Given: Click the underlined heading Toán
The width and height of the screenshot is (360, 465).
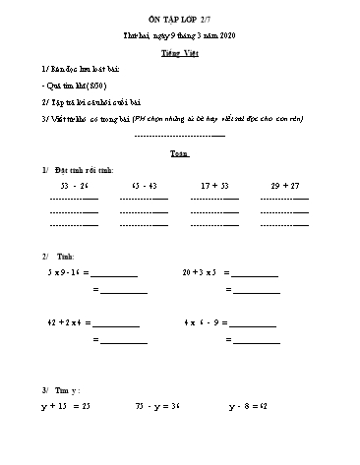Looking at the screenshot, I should [179, 154].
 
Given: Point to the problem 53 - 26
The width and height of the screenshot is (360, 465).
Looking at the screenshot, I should [75, 184].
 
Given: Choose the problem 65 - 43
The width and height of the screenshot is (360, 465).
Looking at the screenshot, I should [144, 184].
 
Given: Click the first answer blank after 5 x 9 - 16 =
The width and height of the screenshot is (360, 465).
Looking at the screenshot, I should [116, 273].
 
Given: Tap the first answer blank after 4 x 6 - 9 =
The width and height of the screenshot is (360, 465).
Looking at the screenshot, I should [254, 324].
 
